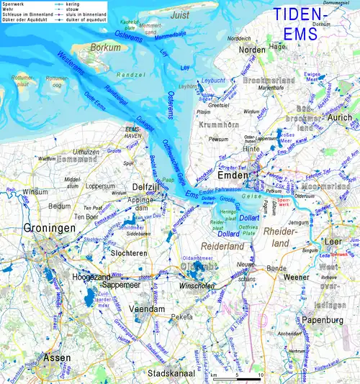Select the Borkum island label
click(x=106, y=48)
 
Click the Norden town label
click(x=251, y=50)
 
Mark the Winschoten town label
click(x=199, y=285)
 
